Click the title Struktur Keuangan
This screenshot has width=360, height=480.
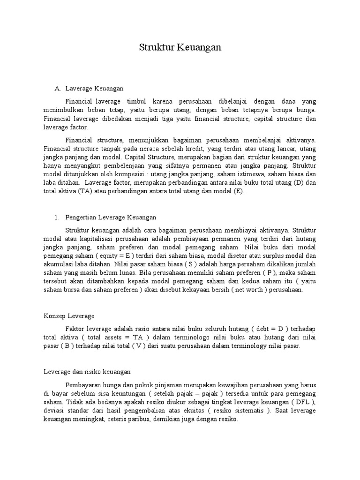[180, 48]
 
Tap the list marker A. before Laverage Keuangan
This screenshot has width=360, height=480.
[58, 88]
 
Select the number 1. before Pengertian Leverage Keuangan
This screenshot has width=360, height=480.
[57, 217]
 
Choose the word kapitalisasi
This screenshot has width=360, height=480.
[84, 238]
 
